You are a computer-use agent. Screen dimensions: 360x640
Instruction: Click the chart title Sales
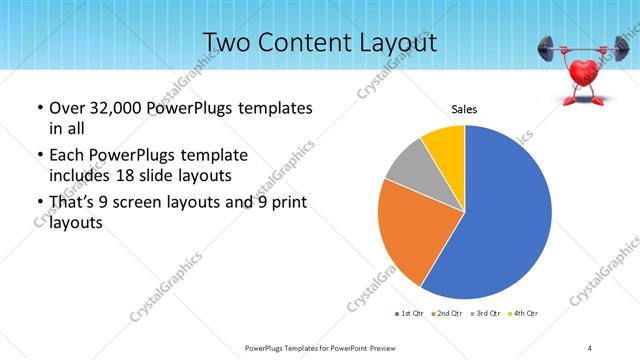coord(464,109)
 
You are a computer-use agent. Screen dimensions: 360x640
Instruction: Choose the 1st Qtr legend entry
coord(409,314)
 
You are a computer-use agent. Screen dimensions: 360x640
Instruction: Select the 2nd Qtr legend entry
coord(444,314)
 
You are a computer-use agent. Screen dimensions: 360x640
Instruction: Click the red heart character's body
coord(584,74)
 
